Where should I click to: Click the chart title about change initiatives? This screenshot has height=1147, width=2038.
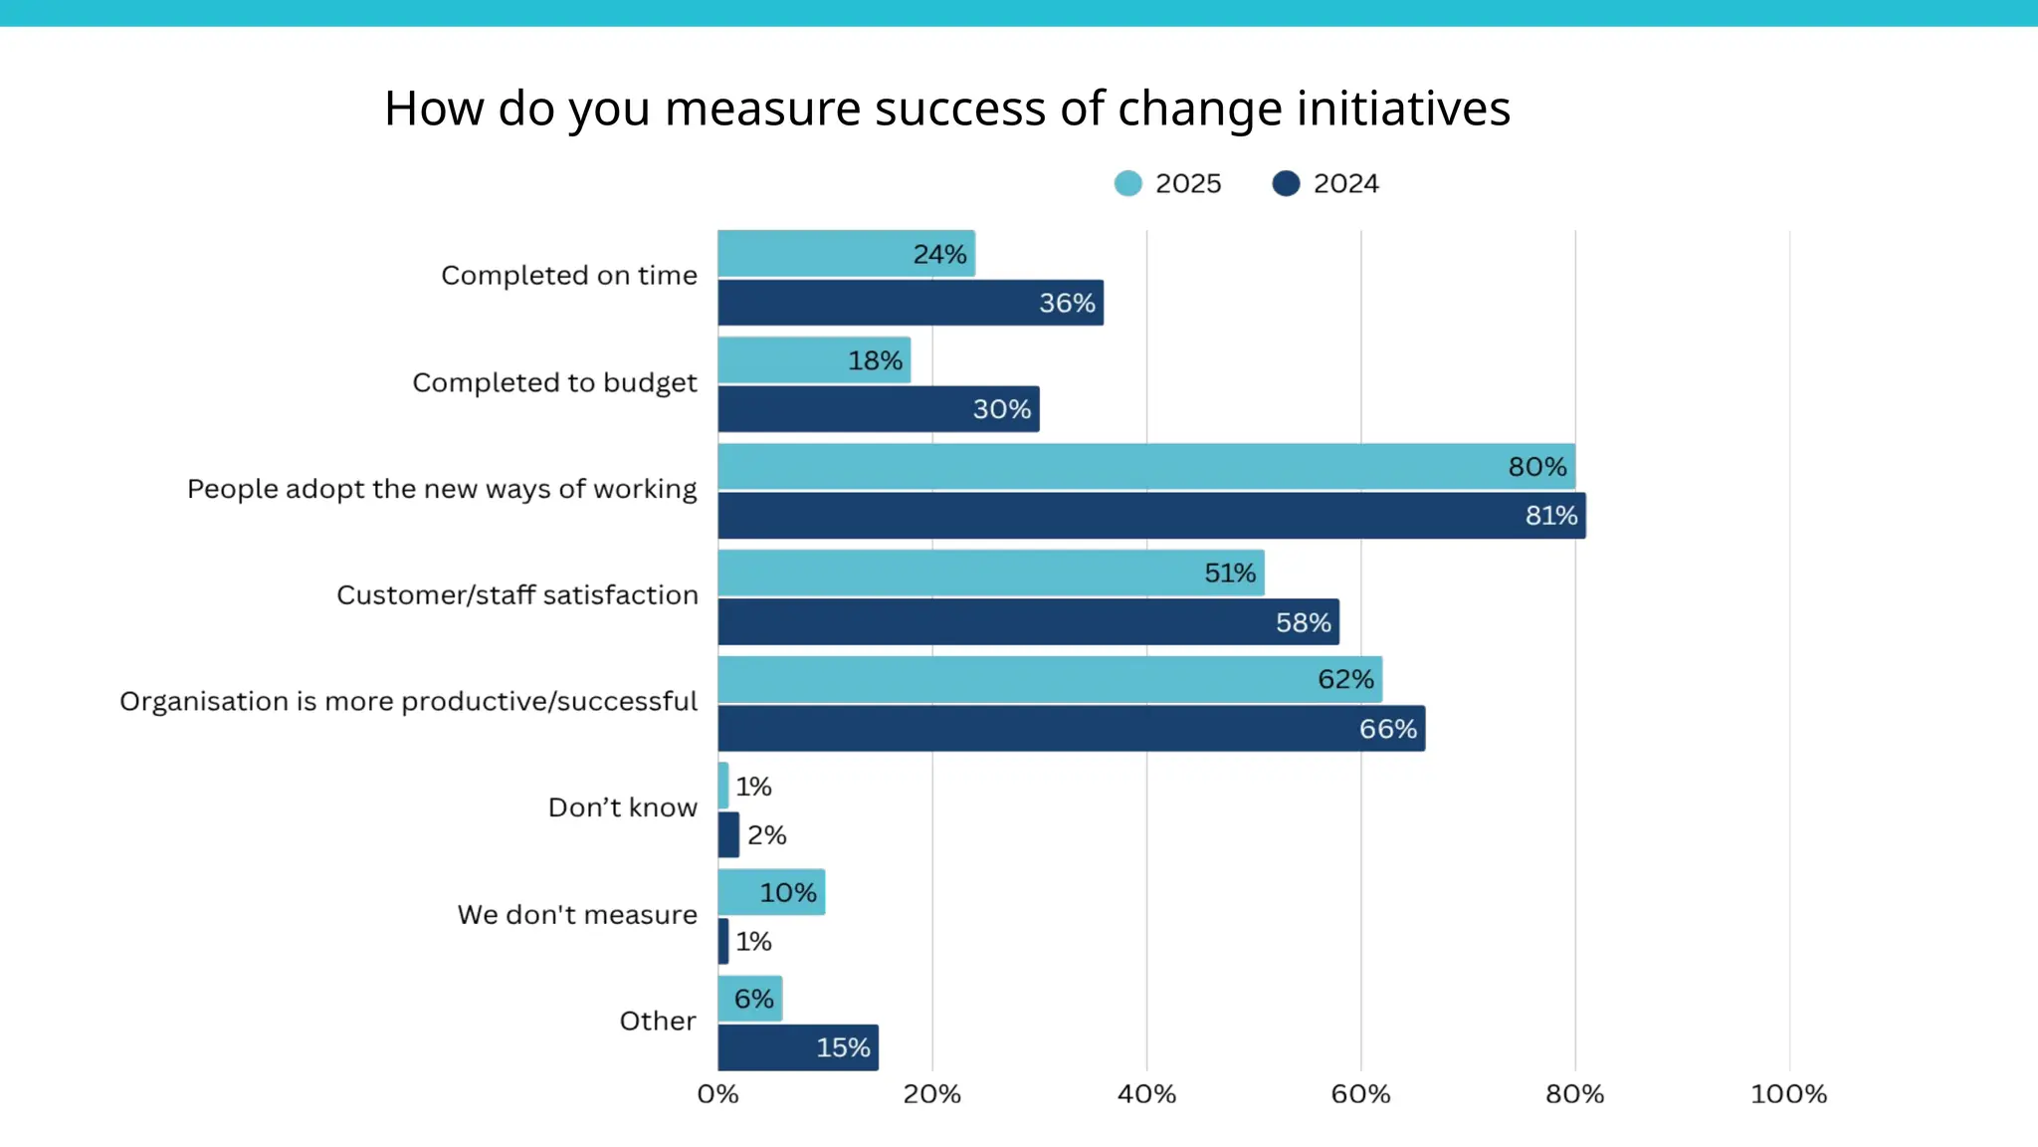[x=946, y=108]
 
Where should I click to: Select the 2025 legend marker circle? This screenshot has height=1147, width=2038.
[x=1127, y=183]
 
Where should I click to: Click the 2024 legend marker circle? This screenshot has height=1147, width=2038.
[x=1286, y=183]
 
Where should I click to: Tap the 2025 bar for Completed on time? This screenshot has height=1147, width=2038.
[x=846, y=254]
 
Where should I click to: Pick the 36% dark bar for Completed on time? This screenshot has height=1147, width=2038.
[x=910, y=303]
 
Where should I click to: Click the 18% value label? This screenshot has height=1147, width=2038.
[x=875, y=360]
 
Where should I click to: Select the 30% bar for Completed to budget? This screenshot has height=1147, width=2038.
[x=878, y=409]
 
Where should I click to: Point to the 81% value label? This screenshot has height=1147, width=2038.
[x=1550, y=516]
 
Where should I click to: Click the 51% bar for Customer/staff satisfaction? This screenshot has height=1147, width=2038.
[x=990, y=573]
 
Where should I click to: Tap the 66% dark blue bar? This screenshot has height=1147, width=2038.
[x=1071, y=729]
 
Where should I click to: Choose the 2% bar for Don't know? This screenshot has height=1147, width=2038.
[x=728, y=834]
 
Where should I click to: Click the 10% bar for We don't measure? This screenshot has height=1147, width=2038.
[x=771, y=892]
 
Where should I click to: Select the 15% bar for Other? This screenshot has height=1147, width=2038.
[x=797, y=1047]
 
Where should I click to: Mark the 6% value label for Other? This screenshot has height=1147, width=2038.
[x=753, y=999]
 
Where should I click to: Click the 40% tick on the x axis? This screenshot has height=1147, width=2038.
[x=1146, y=1094]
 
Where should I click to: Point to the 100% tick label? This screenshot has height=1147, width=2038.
[x=1788, y=1094]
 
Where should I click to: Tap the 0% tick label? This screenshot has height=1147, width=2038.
[x=717, y=1094]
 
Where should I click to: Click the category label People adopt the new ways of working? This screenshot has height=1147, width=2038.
[x=442, y=489]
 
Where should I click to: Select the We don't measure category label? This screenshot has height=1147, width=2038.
[x=577, y=914]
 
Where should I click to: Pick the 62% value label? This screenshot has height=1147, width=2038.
[x=1345, y=680]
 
